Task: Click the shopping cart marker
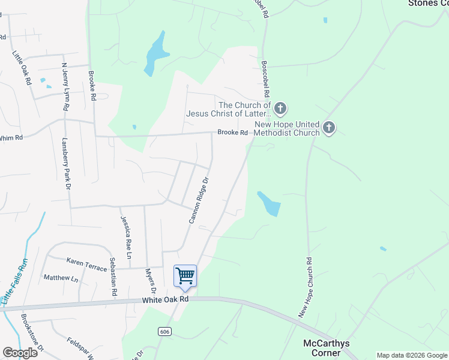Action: [185, 276]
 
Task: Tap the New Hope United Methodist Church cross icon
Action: [328, 127]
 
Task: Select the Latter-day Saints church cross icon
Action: [280, 109]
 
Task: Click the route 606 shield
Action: [164, 331]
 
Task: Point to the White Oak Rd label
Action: [166, 299]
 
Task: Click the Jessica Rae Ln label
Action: [126, 237]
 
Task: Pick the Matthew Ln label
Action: [61, 278]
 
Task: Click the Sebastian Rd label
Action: [113, 277]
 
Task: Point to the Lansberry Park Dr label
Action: [67, 164]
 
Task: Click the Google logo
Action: [20, 353]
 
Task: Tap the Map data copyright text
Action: [412, 355]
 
